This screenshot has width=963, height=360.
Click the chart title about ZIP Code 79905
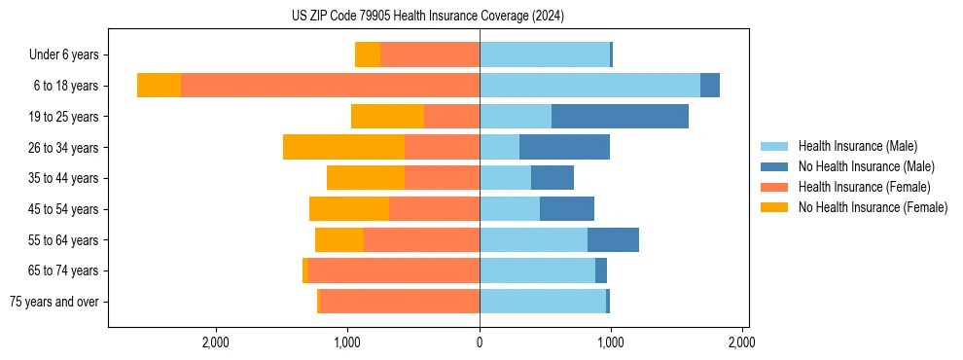(x=428, y=17)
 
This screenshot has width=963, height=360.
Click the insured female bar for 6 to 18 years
(x=330, y=86)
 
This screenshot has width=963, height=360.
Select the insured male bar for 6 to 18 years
(x=589, y=86)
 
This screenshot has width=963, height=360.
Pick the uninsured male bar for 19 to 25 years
(x=620, y=117)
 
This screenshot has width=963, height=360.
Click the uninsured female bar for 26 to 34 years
(x=343, y=147)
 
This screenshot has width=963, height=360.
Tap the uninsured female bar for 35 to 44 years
(x=366, y=178)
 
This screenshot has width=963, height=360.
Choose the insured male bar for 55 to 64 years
(x=533, y=239)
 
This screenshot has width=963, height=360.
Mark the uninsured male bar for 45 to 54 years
(x=567, y=209)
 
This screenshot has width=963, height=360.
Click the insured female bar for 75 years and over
(x=400, y=302)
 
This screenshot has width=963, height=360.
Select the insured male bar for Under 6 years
(x=545, y=54)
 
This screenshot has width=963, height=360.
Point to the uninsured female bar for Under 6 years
(x=368, y=54)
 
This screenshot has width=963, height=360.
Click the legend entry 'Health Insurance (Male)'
(x=857, y=146)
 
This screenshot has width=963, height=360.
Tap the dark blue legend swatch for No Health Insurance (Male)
(x=775, y=166)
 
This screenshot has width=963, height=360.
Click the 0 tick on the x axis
(x=480, y=342)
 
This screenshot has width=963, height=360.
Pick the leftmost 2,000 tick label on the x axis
(x=215, y=342)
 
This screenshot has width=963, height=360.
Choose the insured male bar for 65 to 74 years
(x=537, y=270)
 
